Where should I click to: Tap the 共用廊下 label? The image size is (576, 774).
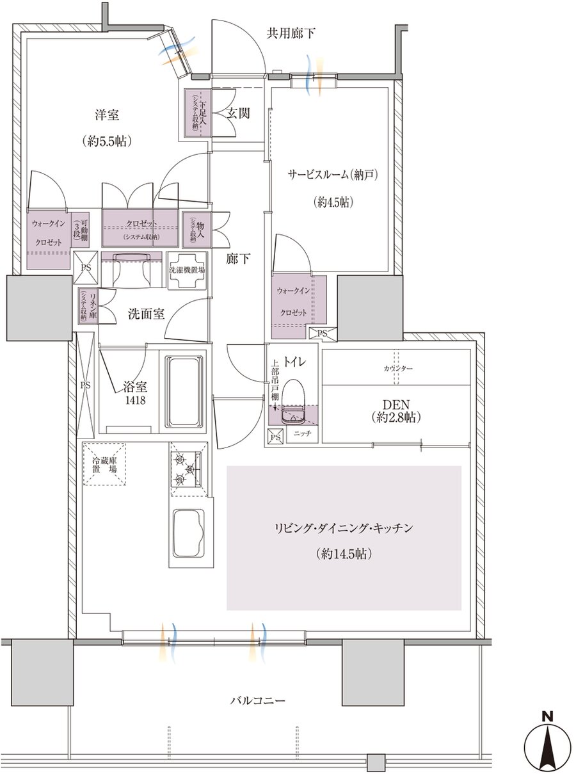291,33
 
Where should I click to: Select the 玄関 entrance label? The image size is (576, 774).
237,113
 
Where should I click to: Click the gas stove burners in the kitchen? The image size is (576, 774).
187,469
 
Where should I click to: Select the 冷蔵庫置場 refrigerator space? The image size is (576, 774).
105,465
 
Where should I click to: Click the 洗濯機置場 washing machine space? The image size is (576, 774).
186,270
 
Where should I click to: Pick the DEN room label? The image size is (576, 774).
396,405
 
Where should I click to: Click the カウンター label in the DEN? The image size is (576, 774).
398,369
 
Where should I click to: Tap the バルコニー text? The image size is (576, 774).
258,701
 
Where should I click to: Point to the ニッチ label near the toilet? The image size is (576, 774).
302,434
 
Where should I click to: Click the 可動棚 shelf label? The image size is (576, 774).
80,228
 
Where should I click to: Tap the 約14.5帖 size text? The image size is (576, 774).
344,554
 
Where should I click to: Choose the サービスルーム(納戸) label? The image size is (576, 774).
329,174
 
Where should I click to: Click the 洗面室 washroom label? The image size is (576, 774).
147,314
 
